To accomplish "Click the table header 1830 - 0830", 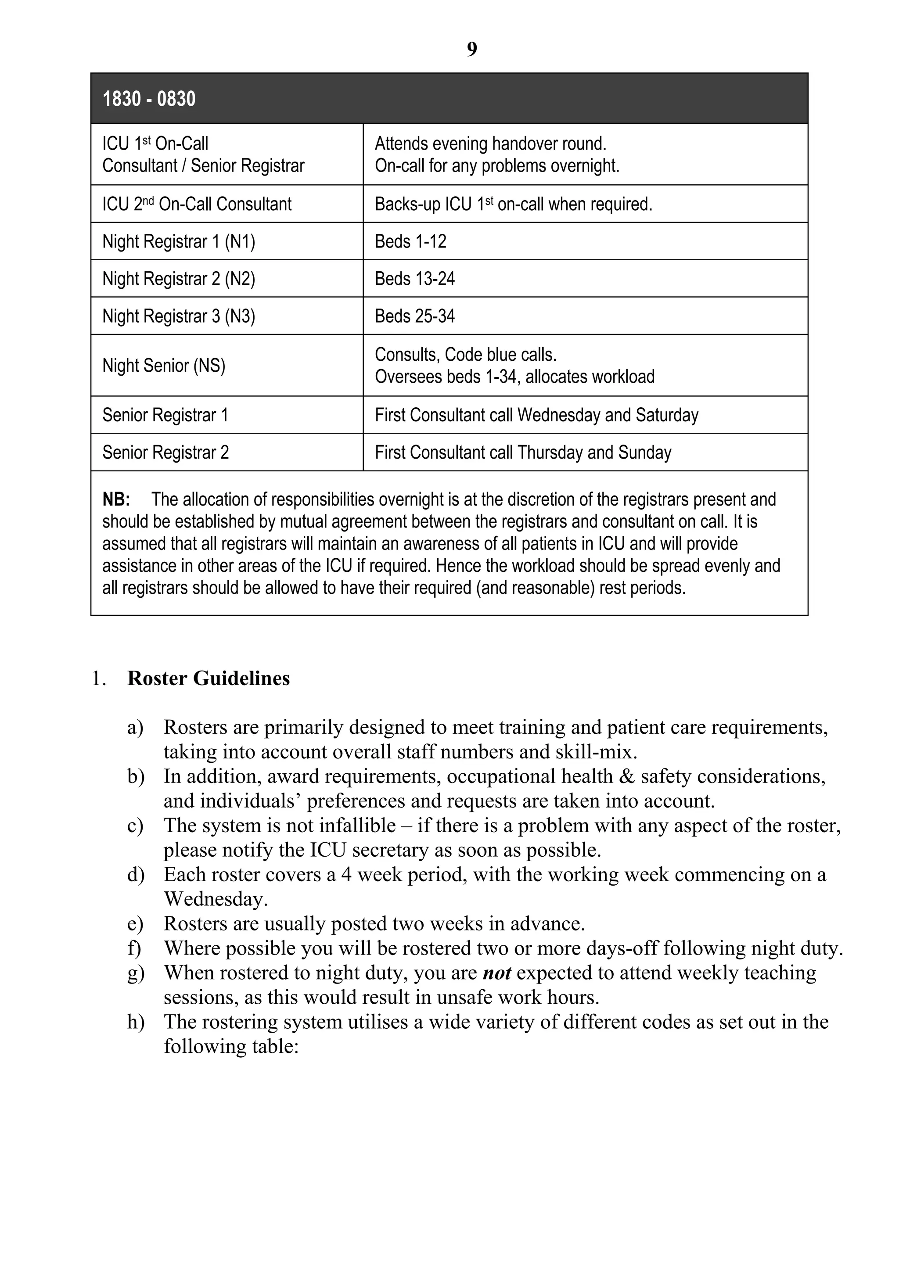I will click(149, 99).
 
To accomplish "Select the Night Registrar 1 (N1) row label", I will click(178, 241).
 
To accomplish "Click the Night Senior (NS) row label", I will click(163, 365).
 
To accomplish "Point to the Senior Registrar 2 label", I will click(165, 452).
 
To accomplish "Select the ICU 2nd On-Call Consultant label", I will click(197, 204).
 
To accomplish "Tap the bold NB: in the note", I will click(116, 499).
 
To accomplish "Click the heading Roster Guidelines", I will click(208, 678).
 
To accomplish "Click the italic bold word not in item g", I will click(496, 973).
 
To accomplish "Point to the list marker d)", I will click(136, 875).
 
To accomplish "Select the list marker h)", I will click(136, 1021).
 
